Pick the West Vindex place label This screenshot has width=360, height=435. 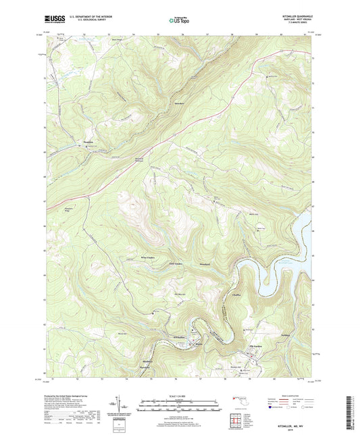pyautogui.click(x=148, y=257)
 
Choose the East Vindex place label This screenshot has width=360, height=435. pyautogui.click(x=176, y=263)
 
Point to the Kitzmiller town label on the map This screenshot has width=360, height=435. pyautogui.click(x=179, y=336)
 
